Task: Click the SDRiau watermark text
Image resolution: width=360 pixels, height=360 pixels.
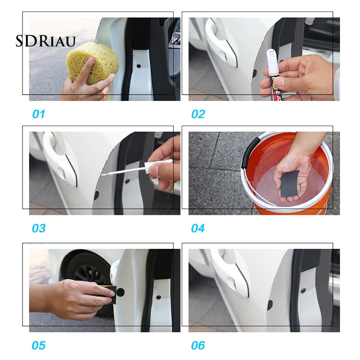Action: tap(45, 41)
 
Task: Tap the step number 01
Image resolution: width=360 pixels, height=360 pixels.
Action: tap(38, 114)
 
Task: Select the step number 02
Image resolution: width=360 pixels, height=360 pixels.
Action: tap(198, 114)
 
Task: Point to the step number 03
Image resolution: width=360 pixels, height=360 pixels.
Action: tap(38, 228)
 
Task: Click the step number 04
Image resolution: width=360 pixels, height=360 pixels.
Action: tap(198, 228)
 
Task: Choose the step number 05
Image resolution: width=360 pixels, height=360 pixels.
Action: tap(38, 346)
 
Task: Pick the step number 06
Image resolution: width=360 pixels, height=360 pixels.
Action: tap(198, 346)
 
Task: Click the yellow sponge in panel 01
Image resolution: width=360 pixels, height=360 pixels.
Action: tap(94, 65)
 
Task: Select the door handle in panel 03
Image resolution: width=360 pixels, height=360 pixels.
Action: tap(61, 158)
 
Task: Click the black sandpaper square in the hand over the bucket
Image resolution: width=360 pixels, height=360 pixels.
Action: tap(290, 184)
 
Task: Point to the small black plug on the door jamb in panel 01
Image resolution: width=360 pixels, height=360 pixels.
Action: tap(139, 66)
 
